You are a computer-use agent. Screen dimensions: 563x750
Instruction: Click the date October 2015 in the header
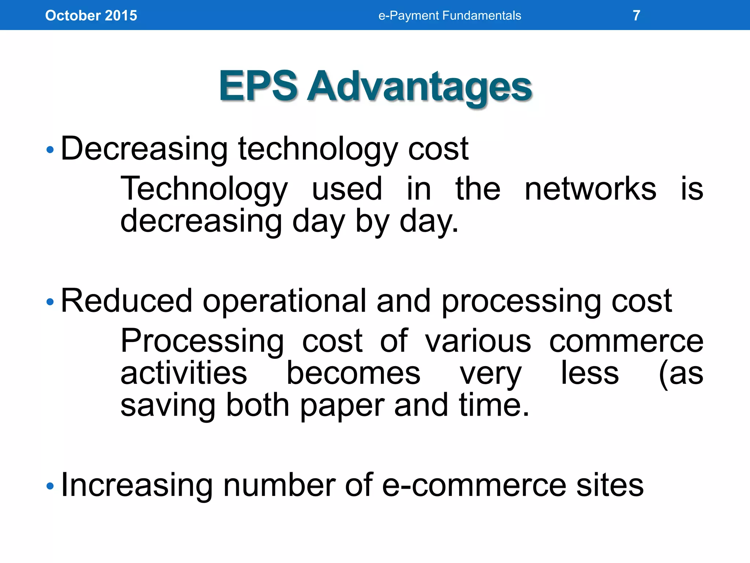tap(91, 15)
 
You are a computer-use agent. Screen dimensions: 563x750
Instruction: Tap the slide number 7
tap(636, 15)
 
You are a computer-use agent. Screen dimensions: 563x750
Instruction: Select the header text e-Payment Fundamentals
tap(449, 15)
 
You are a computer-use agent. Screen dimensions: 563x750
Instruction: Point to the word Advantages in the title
tap(419, 87)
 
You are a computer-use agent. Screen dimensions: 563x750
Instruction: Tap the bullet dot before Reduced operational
tap(50, 302)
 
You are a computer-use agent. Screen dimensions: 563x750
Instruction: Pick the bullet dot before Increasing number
tap(50, 486)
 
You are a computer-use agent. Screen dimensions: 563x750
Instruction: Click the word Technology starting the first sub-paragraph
tap(204, 189)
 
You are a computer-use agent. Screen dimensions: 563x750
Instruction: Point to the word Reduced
tap(126, 301)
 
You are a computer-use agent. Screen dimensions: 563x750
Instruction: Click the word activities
tap(184, 373)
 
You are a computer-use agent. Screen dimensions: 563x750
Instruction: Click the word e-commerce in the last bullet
tap(475, 485)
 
